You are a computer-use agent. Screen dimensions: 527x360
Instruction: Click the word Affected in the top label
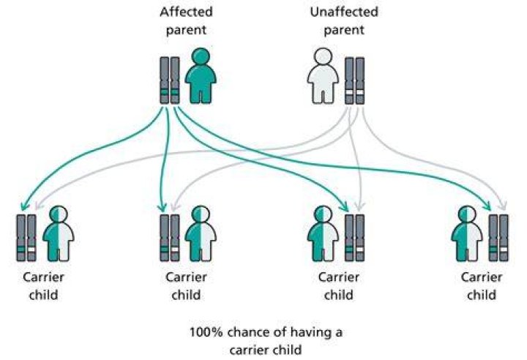(x=186, y=12)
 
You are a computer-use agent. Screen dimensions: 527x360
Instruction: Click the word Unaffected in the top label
(x=344, y=12)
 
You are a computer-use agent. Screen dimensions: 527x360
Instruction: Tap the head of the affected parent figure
(x=201, y=56)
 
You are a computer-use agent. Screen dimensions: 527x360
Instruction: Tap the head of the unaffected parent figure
(x=323, y=56)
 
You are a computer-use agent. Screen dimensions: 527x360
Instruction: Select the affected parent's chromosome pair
(x=170, y=80)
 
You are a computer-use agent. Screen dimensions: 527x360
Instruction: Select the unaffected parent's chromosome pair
(x=354, y=80)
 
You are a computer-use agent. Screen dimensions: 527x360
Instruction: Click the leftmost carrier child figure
(x=59, y=233)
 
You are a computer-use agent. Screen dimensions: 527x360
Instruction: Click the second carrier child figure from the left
(x=201, y=233)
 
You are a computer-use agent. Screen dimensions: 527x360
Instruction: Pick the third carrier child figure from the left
(x=323, y=233)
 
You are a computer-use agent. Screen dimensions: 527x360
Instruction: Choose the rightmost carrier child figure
(x=466, y=233)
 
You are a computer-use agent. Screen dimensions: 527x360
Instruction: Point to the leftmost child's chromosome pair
(x=26, y=238)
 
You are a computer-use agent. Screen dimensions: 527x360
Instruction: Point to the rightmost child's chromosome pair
(x=498, y=238)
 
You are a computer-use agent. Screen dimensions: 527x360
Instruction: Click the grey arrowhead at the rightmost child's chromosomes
(x=502, y=206)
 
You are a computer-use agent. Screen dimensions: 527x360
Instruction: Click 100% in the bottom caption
(x=206, y=332)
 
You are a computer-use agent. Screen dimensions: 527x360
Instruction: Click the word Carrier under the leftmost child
(x=43, y=277)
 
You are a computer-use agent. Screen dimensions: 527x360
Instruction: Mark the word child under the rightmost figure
(x=482, y=295)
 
